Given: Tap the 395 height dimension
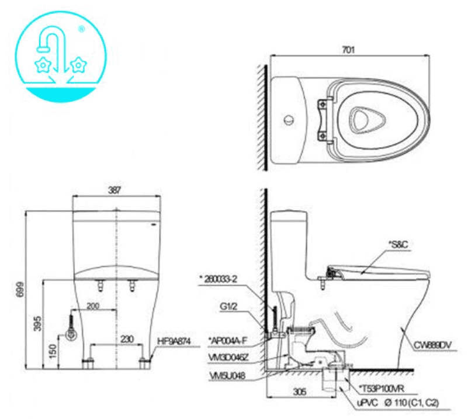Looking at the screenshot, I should [37, 325].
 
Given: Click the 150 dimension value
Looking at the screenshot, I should [53, 352].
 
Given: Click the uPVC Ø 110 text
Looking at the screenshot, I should [397, 403].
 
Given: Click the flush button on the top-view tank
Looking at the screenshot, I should [287, 120].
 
